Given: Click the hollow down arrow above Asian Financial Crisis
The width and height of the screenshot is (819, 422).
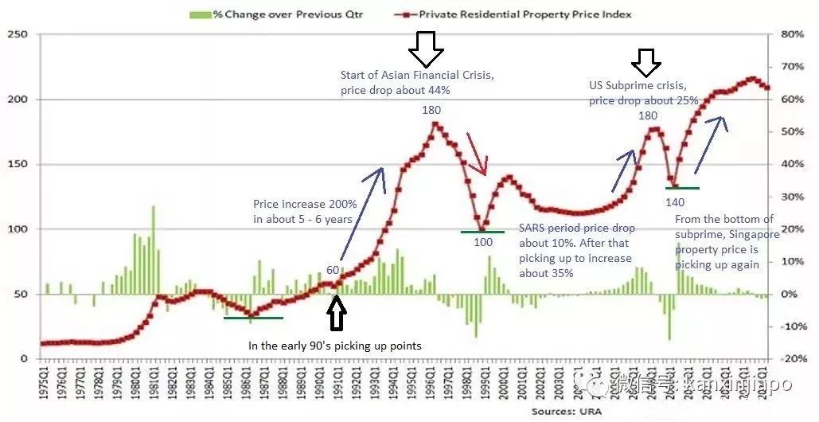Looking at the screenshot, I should (x=426, y=49).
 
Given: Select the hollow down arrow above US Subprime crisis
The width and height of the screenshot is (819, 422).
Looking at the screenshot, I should (x=646, y=61).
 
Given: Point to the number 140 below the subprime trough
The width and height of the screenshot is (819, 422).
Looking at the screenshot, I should (x=674, y=202).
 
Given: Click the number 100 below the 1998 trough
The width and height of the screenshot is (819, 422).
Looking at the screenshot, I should (x=483, y=242).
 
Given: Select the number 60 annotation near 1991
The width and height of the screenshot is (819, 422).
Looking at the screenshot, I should (x=333, y=270).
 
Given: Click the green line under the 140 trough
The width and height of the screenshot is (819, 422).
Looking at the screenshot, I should (x=682, y=188).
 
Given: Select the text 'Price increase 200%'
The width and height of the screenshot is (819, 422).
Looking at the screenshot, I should (x=305, y=204).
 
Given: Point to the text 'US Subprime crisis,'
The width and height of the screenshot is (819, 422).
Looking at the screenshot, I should (x=636, y=84).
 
